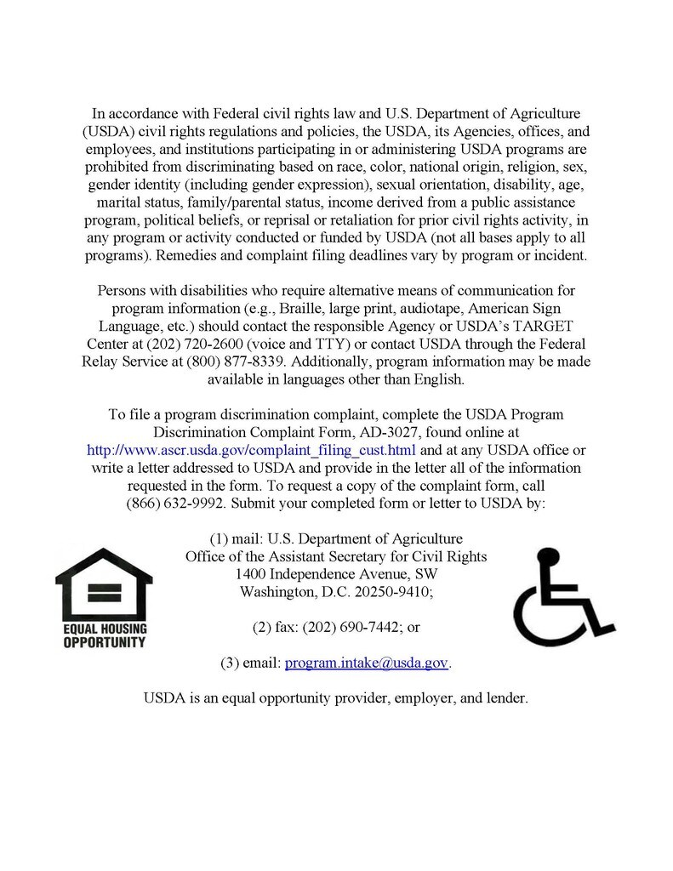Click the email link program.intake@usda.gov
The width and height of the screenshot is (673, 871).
coord(366,663)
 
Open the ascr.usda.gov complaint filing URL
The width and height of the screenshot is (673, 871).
coord(253,450)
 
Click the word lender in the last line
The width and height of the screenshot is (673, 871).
coord(507,698)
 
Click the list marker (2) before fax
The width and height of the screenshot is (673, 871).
coord(263,628)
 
